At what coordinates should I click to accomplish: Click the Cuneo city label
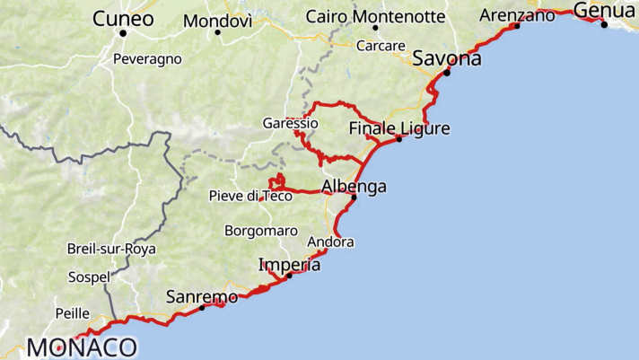pyautogui.click(x=123, y=18)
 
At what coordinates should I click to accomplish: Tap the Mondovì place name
pyautogui.click(x=217, y=21)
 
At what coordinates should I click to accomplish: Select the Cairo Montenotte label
pyautogui.click(x=375, y=16)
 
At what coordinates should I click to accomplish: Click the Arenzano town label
pyautogui.click(x=518, y=15)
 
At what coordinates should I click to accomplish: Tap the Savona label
pyautogui.click(x=447, y=59)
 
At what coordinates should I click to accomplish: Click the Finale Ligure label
pyautogui.click(x=399, y=128)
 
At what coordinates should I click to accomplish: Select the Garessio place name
pyautogui.click(x=290, y=123)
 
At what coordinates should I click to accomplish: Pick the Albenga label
pyautogui.click(x=354, y=187)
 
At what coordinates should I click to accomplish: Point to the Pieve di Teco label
pyautogui.click(x=250, y=196)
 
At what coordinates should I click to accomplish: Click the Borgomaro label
pyautogui.click(x=261, y=231)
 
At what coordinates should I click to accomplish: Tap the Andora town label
pyautogui.click(x=330, y=242)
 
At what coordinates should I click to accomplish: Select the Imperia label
pyautogui.click(x=289, y=265)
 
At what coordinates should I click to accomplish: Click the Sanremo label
pyautogui.click(x=202, y=296)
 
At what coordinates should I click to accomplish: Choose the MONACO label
pyautogui.click(x=82, y=347)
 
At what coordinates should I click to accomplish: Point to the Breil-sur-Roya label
pyautogui.click(x=111, y=249)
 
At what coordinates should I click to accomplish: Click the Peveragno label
pyautogui.click(x=147, y=59)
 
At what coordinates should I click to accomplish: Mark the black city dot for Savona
pyautogui.click(x=447, y=72)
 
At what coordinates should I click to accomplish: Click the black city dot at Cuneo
pyautogui.click(x=123, y=33)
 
